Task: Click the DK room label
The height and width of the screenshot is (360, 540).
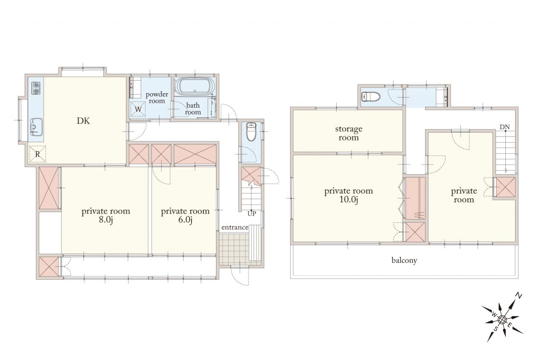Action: [x=83, y=121]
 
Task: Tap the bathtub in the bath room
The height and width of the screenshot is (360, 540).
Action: [x=195, y=87]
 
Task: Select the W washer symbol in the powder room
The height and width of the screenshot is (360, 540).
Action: [x=138, y=109]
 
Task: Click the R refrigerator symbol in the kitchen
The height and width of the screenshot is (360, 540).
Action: [x=38, y=154]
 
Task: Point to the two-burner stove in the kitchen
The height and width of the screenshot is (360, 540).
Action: [x=36, y=88]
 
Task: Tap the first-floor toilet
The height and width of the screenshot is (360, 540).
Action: [x=251, y=132]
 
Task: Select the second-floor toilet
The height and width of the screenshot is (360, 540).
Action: [x=371, y=97]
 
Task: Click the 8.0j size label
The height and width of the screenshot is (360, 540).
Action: [x=105, y=220]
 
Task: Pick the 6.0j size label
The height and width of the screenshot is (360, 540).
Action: [x=185, y=220]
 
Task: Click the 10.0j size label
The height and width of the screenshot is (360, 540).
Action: [x=348, y=200]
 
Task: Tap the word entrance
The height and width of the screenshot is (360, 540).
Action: [x=235, y=227]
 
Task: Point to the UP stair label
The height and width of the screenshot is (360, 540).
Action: [x=252, y=214]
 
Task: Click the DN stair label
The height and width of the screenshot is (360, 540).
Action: [x=505, y=127]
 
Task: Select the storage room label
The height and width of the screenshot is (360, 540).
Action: [x=348, y=133]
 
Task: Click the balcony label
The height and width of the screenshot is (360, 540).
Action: [x=404, y=260]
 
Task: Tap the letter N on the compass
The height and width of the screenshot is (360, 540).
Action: [x=518, y=296]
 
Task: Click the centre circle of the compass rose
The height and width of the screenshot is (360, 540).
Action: [x=502, y=320]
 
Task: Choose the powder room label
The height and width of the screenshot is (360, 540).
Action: [x=157, y=97]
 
